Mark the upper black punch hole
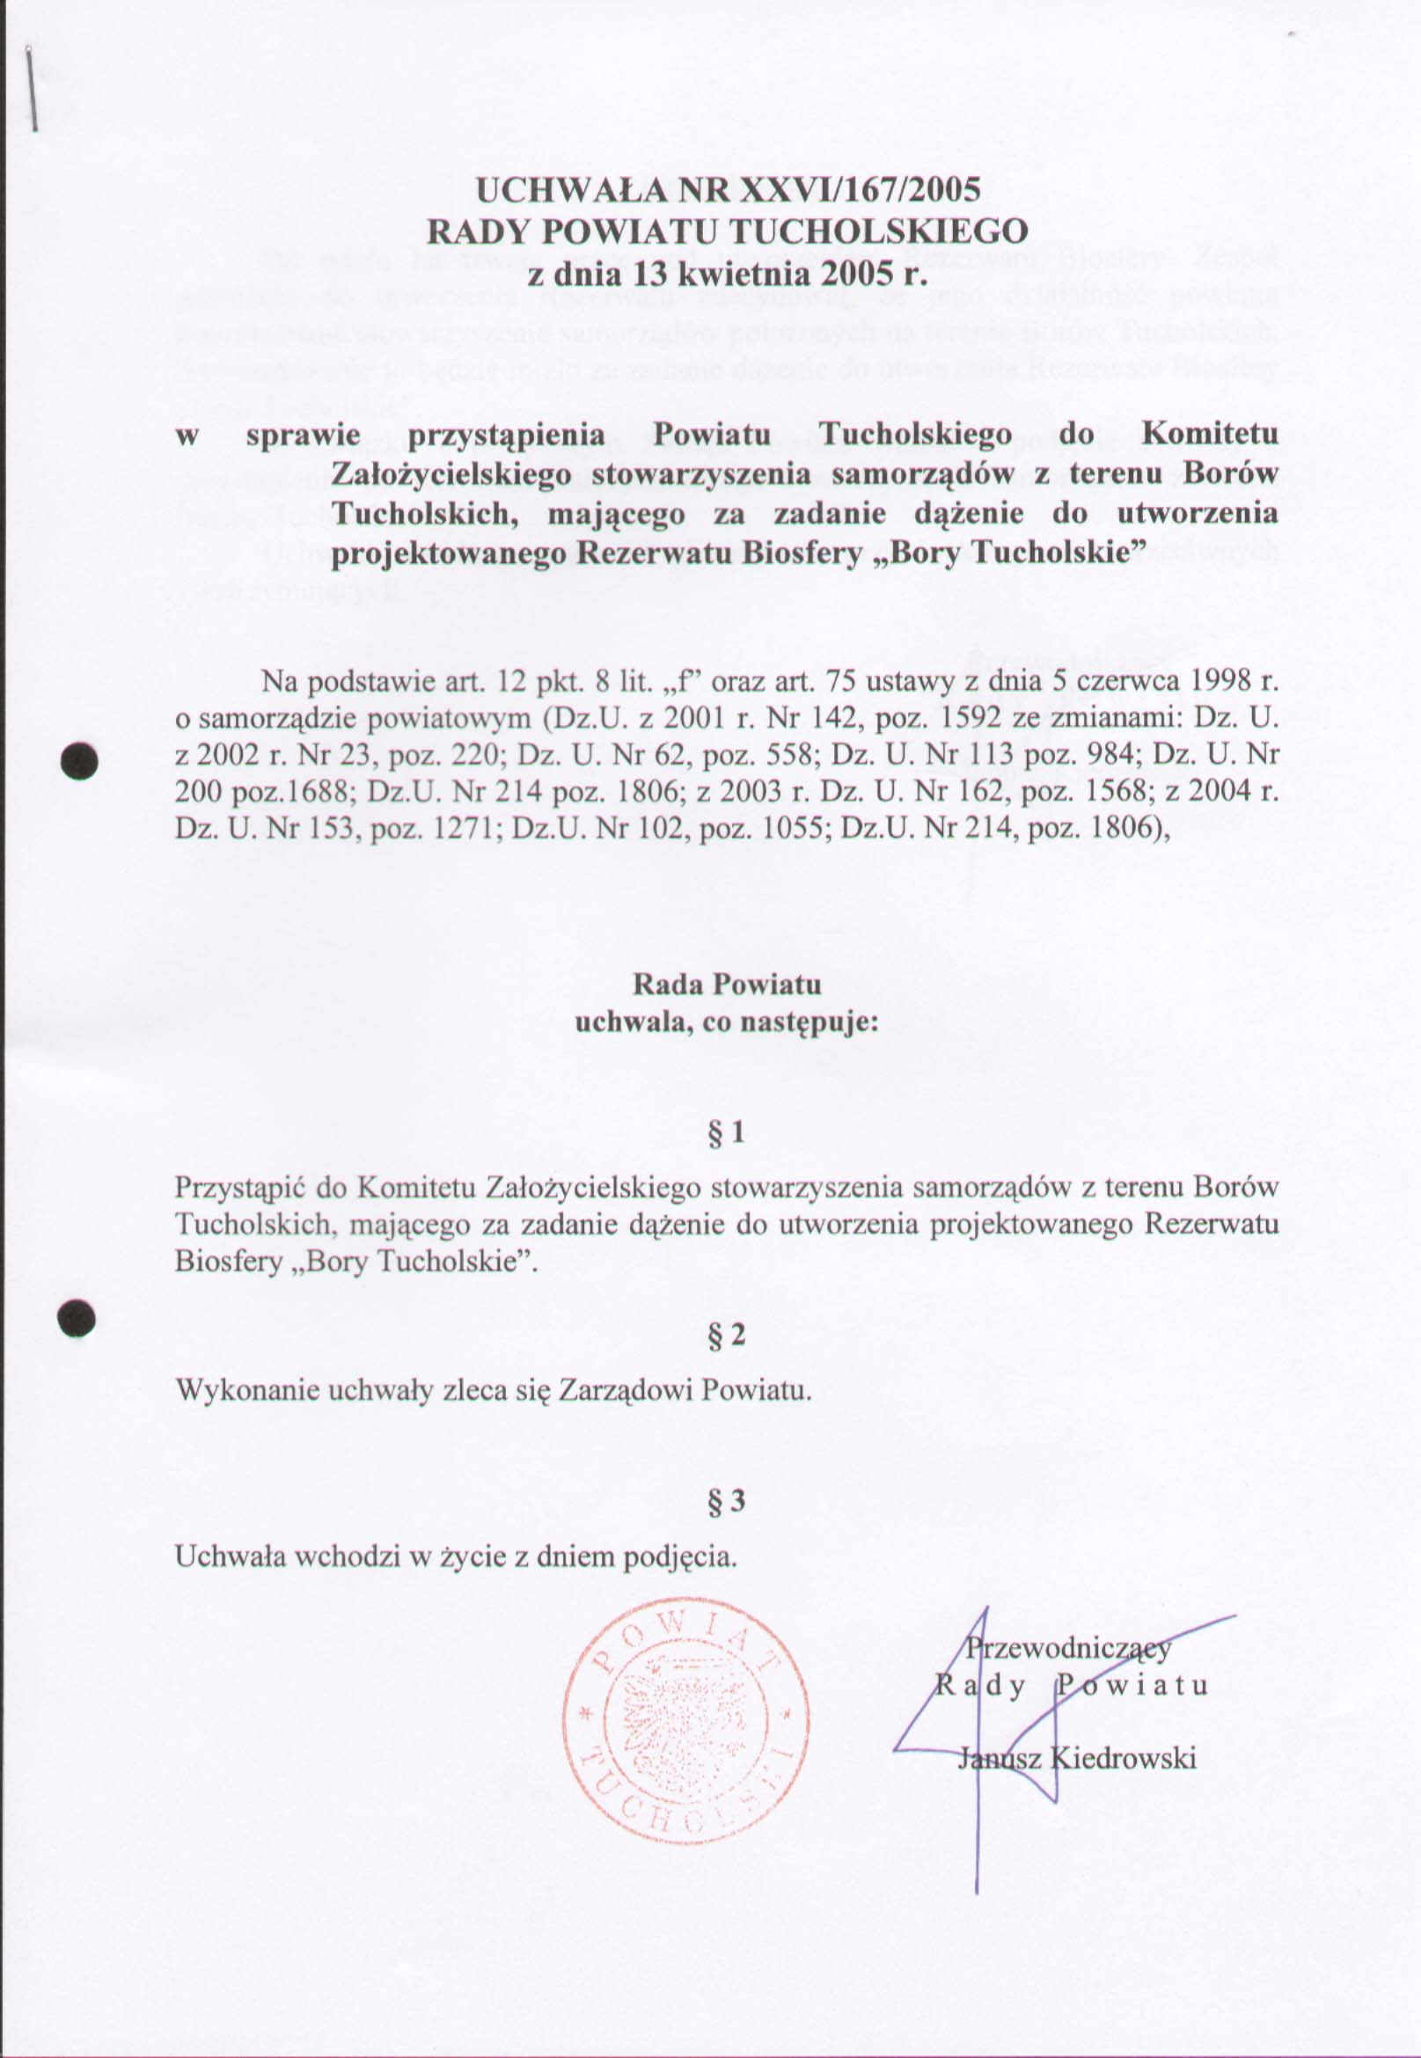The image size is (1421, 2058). [78, 762]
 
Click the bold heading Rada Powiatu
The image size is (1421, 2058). [727, 985]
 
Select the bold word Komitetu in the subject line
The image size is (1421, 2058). [1209, 436]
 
